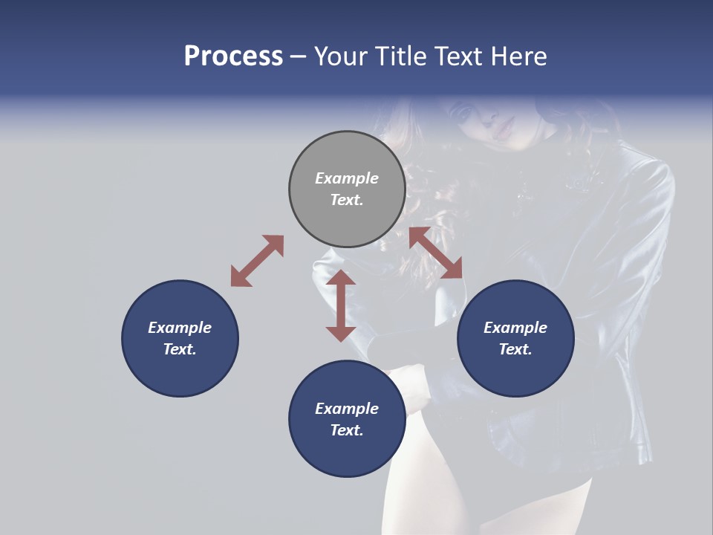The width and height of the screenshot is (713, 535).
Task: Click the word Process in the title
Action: click(x=233, y=56)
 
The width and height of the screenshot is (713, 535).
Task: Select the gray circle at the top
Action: click(x=347, y=189)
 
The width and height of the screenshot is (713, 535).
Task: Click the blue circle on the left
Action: click(x=180, y=338)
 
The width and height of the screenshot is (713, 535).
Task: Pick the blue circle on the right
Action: click(x=515, y=338)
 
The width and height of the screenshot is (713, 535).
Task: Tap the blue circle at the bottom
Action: click(x=347, y=418)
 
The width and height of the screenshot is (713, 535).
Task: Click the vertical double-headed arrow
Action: click(x=341, y=305)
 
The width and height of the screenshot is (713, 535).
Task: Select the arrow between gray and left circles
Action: click(x=257, y=261)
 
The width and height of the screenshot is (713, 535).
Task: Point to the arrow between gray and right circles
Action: click(x=435, y=253)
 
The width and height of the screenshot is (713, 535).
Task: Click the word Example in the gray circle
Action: click(x=347, y=178)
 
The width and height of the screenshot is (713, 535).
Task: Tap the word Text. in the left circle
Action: click(x=180, y=349)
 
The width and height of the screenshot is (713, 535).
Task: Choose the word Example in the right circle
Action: click(x=515, y=328)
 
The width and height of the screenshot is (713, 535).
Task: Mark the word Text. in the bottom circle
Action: click(x=347, y=430)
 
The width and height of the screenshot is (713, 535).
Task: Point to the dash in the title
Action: click(x=298, y=57)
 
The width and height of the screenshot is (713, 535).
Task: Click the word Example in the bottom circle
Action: click(x=347, y=409)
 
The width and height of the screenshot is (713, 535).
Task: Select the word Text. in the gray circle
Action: click(x=347, y=200)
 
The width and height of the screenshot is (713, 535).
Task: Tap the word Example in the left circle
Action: click(x=180, y=328)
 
